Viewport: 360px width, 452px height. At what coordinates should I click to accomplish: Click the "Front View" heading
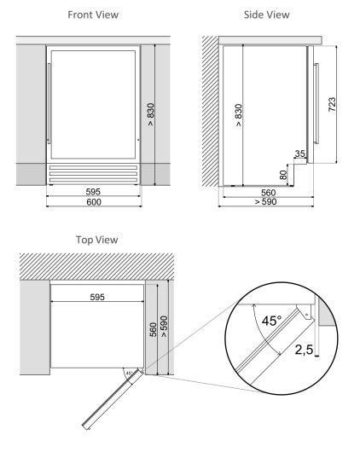tap(93, 14)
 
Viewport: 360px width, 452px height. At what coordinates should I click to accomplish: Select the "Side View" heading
tap(266, 14)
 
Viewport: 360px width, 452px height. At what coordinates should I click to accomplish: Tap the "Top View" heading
tap(97, 240)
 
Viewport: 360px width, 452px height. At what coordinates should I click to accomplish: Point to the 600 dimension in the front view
tap(94, 202)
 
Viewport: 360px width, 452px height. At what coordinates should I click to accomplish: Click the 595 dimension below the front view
tap(93, 192)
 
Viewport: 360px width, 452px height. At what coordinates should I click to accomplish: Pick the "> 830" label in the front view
tap(151, 114)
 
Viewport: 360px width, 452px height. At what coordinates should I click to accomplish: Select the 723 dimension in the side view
tap(332, 105)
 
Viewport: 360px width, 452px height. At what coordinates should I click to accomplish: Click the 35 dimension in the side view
tap(300, 154)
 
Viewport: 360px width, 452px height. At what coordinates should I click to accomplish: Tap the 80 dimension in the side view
tap(284, 175)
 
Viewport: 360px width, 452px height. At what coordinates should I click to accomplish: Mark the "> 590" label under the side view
tap(265, 202)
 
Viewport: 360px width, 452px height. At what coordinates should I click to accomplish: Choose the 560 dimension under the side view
tap(268, 193)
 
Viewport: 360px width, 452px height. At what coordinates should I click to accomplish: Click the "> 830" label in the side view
tap(239, 115)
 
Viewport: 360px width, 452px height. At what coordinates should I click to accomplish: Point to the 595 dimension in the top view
tap(97, 297)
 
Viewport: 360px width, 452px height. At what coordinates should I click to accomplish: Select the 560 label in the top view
tap(154, 329)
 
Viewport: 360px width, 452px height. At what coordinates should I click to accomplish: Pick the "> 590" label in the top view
tap(164, 327)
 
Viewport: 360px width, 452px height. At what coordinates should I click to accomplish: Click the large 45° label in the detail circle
tap(271, 321)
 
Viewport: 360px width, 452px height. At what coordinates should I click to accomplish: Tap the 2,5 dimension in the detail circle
tap(304, 350)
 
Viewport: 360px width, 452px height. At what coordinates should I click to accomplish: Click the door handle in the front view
tap(49, 103)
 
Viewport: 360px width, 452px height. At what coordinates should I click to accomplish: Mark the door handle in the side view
tap(316, 103)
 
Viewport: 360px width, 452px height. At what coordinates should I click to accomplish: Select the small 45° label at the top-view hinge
tap(129, 373)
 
